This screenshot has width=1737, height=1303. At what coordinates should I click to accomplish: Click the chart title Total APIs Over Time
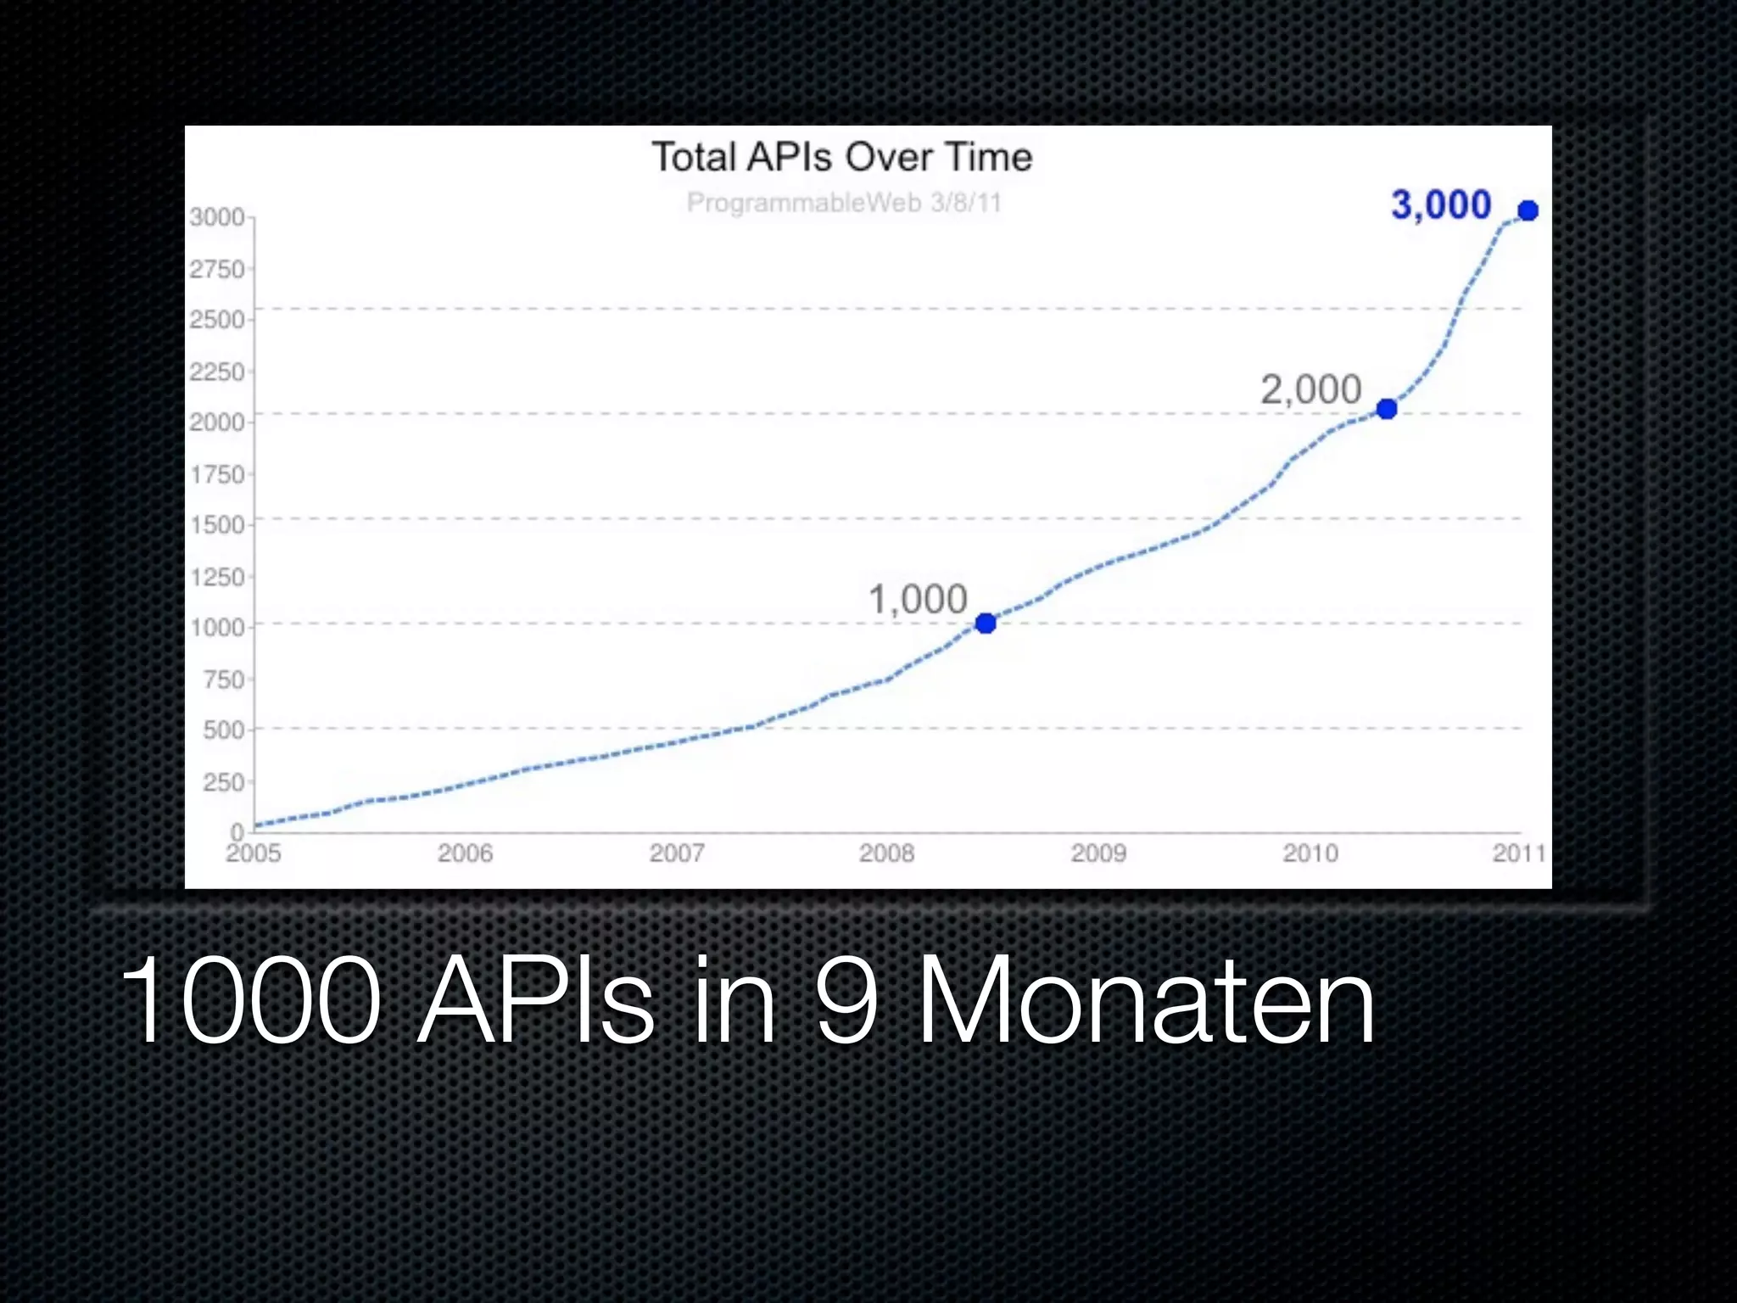tap(841, 158)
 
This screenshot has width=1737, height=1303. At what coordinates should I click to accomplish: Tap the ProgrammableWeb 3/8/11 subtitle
tap(844, 203)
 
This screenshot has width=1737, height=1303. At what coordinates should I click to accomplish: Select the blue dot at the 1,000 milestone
tap(986, 624)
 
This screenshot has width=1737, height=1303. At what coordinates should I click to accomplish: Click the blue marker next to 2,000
tap(1387, 409)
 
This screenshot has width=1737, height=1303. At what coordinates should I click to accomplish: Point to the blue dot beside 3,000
tap(1528, 210)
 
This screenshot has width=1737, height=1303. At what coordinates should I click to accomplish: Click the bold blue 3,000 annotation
tap(1441, 205)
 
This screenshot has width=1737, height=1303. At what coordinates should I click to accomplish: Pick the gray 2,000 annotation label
tap(1310, 390)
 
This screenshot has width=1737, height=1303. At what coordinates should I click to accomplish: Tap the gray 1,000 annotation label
tap(918, 600)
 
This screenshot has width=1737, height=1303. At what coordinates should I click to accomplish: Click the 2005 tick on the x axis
tap(253, 853)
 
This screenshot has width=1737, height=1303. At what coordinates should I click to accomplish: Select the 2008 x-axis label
tap(886, 853)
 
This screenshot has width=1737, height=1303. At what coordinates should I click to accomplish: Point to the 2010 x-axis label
tap(1310, 853)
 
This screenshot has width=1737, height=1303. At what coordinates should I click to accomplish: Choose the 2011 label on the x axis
tap(1519, 853)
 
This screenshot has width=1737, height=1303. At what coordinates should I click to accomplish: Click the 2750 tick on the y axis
tap(216, 270)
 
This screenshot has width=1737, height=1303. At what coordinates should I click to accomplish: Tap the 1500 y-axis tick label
tap(216, 525)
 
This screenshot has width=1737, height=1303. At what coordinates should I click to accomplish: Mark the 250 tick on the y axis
tap(223, 781)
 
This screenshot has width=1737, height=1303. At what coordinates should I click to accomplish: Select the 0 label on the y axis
tap(237, 831)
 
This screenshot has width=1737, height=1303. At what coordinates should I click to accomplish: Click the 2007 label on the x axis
tap(676, 853)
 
